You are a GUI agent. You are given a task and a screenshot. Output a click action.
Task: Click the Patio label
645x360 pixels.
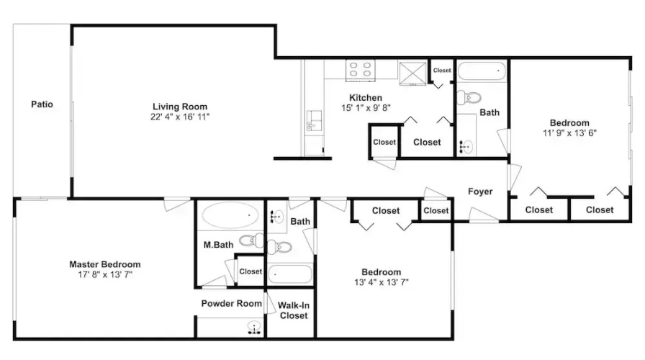(42, 104)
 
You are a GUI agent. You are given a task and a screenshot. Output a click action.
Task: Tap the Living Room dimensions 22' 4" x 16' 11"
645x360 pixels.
(180, 117)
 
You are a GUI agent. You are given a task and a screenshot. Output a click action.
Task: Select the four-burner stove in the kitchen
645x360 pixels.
(361, 70)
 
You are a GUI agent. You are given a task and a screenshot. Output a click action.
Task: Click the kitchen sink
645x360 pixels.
(315, 120)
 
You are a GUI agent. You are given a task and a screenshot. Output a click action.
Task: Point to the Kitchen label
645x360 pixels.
(366, 98)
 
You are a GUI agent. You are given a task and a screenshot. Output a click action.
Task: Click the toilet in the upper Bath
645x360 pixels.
(469, 97)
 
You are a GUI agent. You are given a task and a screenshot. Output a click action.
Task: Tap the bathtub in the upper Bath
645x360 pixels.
(482, 71)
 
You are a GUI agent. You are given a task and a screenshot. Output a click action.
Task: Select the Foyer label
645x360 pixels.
(480, 192)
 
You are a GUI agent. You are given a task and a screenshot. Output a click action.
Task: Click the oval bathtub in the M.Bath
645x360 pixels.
(230, 215)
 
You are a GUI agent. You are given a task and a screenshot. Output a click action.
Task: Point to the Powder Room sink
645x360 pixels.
(255, 328)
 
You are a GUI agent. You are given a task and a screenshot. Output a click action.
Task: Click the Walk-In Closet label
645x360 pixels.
(294, 310)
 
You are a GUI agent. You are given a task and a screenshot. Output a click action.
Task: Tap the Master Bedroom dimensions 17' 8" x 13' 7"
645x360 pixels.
(105, 274)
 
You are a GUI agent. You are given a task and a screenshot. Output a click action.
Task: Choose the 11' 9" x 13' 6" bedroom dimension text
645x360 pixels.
(569, 133)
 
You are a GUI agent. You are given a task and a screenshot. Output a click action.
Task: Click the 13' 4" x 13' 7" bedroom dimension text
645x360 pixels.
(382, 282)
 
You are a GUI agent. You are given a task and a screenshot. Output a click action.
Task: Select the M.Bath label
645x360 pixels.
(218, 245)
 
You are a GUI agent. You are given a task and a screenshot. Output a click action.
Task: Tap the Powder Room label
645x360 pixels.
(232, 304)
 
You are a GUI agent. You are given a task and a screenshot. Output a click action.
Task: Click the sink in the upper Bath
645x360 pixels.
(466, 146)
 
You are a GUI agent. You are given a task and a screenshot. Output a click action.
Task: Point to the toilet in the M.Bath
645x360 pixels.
(251, 240)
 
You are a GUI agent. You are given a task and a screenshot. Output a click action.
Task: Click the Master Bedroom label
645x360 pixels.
(105, 264)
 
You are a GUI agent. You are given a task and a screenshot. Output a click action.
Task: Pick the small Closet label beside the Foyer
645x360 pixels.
(436, 211)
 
